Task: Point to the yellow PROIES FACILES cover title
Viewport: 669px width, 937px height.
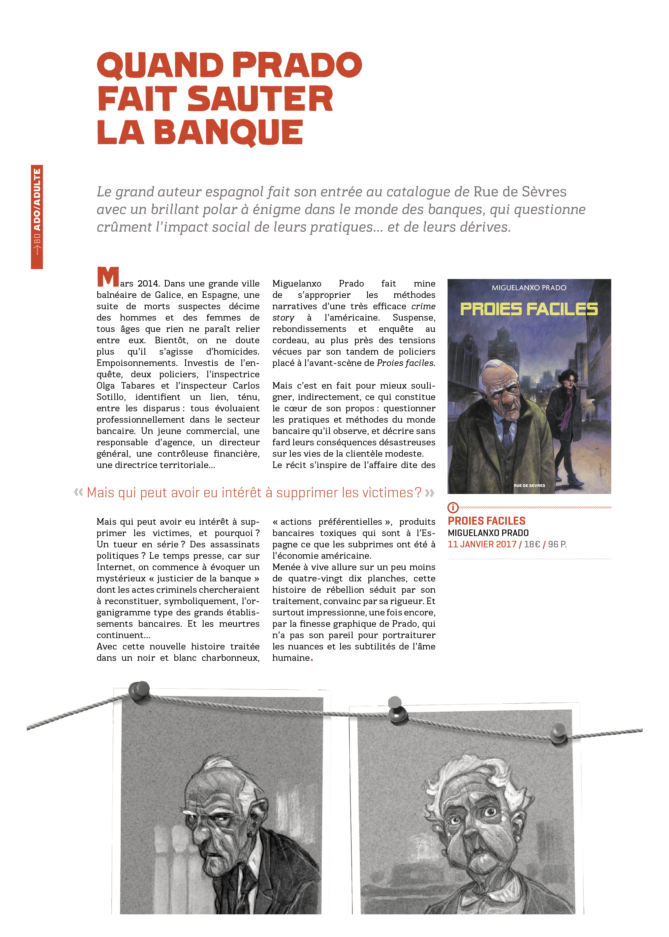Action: point(529,309)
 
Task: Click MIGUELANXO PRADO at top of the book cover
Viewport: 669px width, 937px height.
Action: point(529,288)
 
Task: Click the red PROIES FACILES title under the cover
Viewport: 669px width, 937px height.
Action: point(487,521)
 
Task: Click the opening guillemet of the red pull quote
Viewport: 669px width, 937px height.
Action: point(79,492)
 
